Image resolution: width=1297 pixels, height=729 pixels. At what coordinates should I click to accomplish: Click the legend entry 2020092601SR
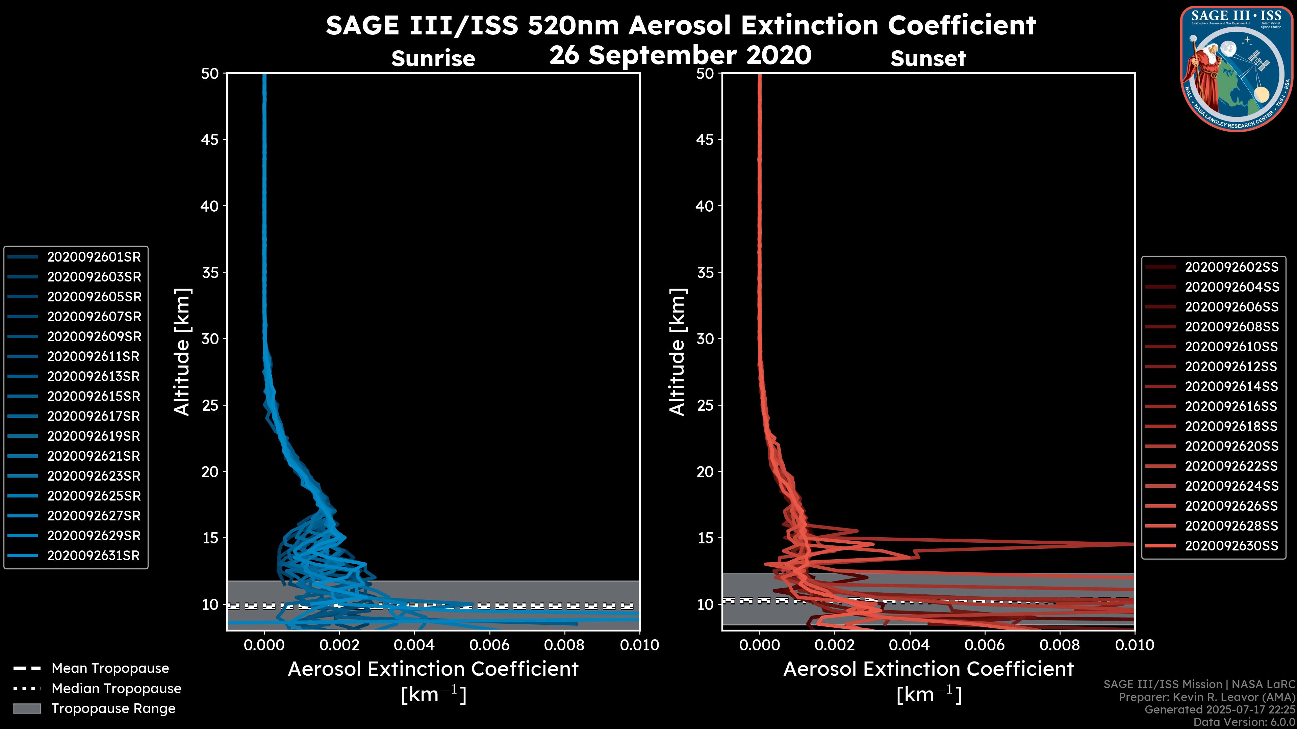[x=94, y=257]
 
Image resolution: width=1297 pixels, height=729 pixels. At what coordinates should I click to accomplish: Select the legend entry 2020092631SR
[x=94, y=556]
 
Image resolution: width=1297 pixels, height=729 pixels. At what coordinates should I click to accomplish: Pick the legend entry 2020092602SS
[x=1231, y=267]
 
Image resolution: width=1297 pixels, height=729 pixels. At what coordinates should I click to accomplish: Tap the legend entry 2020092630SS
[x=1231, y=546]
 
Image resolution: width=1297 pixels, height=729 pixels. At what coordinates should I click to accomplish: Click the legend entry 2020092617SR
[x=94, y=416]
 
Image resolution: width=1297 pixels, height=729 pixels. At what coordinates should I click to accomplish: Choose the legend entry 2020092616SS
[x=1231, y=406]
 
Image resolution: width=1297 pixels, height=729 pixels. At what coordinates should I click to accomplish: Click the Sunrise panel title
[x=433, y=59]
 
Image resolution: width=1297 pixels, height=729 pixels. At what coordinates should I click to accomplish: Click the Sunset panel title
[x=928, y=59]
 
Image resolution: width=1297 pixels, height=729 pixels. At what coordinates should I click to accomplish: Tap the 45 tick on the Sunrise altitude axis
[x=209, y=140]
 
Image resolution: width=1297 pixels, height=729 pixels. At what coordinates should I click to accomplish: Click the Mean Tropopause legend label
[x=110, y=669]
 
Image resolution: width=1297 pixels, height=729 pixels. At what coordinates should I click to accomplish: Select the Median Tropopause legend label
[x=116, y=689]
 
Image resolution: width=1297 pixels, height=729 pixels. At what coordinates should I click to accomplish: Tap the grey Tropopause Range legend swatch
[x=27, y=709]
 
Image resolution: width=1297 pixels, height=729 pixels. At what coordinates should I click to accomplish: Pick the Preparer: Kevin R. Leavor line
[x=1206, y=697]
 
